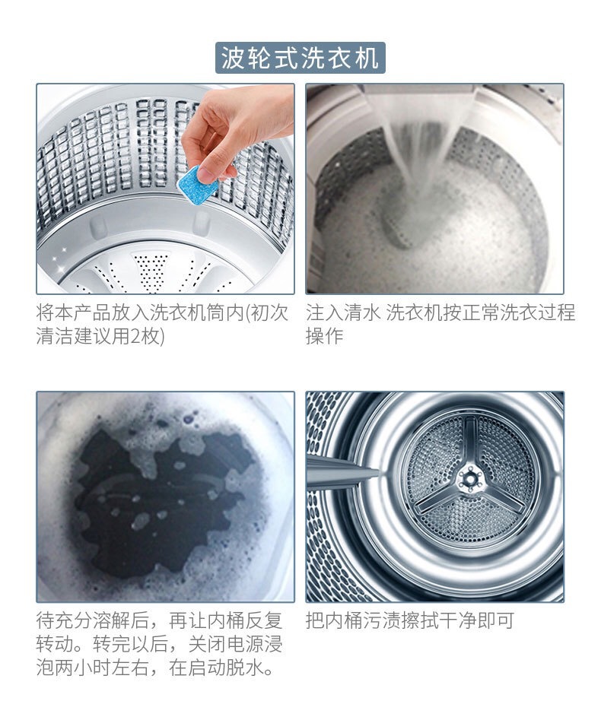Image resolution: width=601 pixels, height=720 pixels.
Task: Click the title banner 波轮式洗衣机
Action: (x=300, y=58)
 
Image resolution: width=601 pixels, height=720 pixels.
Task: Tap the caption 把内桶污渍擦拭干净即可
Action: (x=409, y=621)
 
